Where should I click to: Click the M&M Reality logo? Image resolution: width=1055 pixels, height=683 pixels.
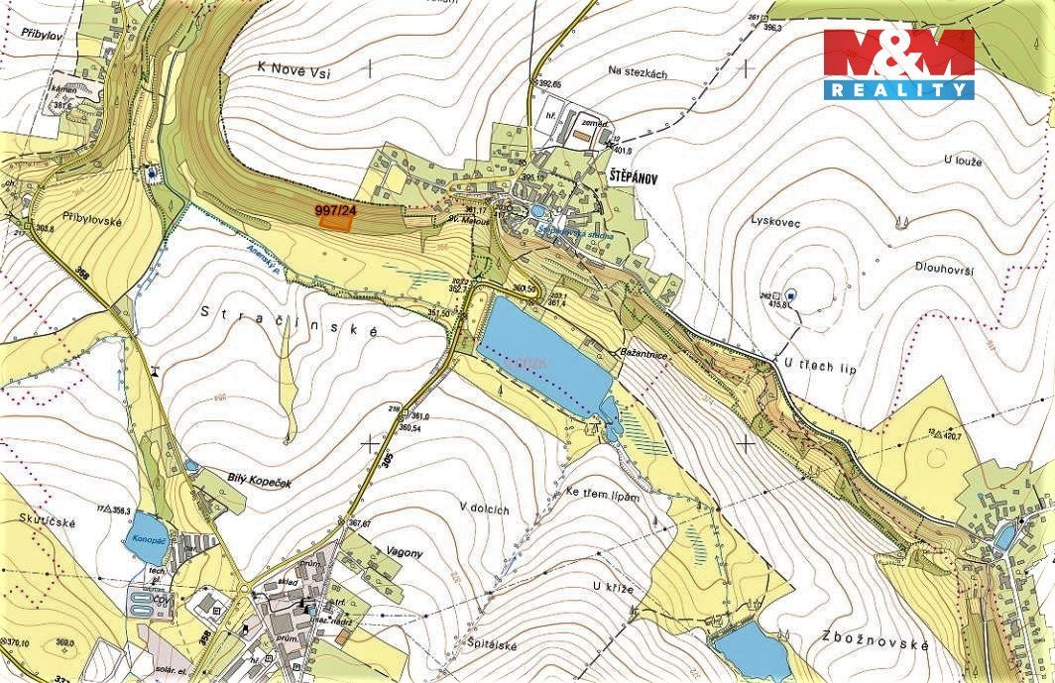coord(898,62)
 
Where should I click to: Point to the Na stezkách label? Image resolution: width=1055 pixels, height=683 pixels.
coord(642,70)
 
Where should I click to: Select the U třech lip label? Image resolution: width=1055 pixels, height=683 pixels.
coord(819,367)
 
